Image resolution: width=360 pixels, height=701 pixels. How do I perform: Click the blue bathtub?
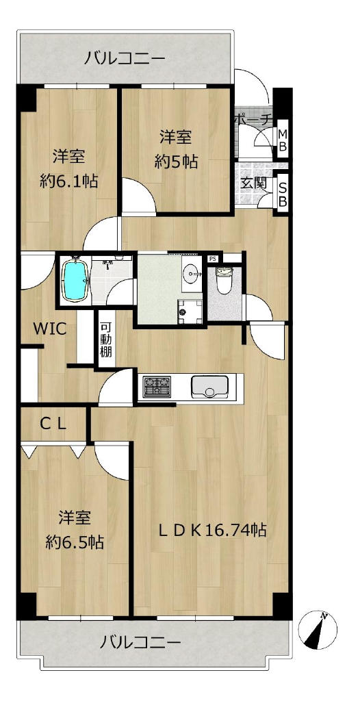coord(75,281)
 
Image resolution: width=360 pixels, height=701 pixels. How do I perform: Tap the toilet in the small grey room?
coord(224,280)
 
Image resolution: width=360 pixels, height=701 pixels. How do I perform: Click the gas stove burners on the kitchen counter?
coord(157,386)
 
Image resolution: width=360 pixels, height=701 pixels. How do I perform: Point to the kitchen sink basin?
coord(209,386)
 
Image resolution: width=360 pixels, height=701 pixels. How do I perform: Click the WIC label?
coord(50,329)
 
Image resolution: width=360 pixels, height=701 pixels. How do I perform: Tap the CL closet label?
coord(53,423)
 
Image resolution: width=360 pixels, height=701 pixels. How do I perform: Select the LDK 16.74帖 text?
coord(214,530)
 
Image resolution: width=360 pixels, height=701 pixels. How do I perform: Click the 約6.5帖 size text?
coord(75,542)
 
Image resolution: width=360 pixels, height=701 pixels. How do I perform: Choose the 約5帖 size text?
coord(176,162)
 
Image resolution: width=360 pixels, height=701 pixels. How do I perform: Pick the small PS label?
coord(212,258)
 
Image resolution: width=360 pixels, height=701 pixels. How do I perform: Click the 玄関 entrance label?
coord(254,183)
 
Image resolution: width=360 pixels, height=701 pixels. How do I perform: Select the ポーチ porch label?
coord(253,119)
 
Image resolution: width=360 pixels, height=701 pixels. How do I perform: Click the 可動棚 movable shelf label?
coord(106,340)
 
